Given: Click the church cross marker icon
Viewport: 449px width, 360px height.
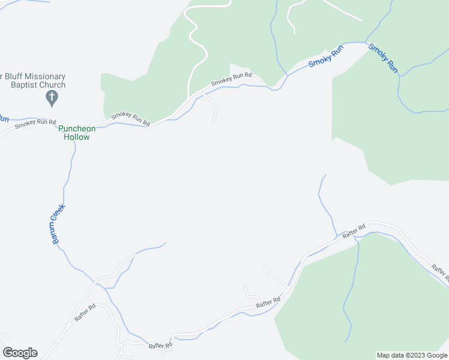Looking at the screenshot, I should click(52, 97).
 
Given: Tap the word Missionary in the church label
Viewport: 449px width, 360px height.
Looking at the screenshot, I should click(43, 77).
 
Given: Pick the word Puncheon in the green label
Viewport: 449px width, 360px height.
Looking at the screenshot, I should click(77, 128).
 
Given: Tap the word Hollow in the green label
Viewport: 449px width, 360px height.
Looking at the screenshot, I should click(77, 137).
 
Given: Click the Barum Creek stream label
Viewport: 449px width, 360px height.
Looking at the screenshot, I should click(58, 224).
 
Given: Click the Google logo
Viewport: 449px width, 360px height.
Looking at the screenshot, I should click(20, 353).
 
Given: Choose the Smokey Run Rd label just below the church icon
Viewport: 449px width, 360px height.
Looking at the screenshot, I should click(35, 122).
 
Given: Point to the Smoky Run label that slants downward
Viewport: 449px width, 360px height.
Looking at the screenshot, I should click(384, 58).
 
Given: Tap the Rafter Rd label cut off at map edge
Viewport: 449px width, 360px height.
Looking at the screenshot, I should click(440, 273).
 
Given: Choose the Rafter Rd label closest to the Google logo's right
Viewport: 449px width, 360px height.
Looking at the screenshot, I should click(161, 345).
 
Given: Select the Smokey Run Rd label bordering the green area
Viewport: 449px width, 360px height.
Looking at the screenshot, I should click(130, 118).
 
